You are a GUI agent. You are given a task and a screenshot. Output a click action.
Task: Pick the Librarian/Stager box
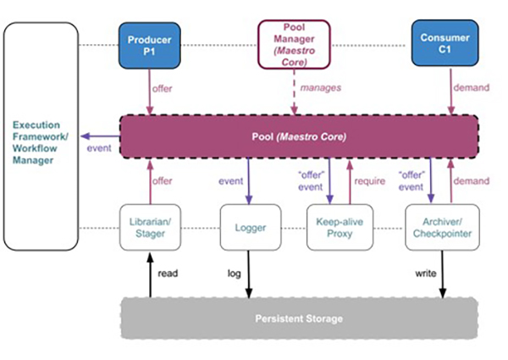coord(148,227)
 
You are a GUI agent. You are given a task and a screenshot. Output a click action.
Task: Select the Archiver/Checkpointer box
coord(439,227)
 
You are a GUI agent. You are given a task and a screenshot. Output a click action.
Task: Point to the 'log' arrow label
coord(235,273)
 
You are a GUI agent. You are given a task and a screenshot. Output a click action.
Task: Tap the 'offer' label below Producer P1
coord(163,88)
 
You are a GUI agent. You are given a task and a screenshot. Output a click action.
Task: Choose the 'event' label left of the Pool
coord(99,149)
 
